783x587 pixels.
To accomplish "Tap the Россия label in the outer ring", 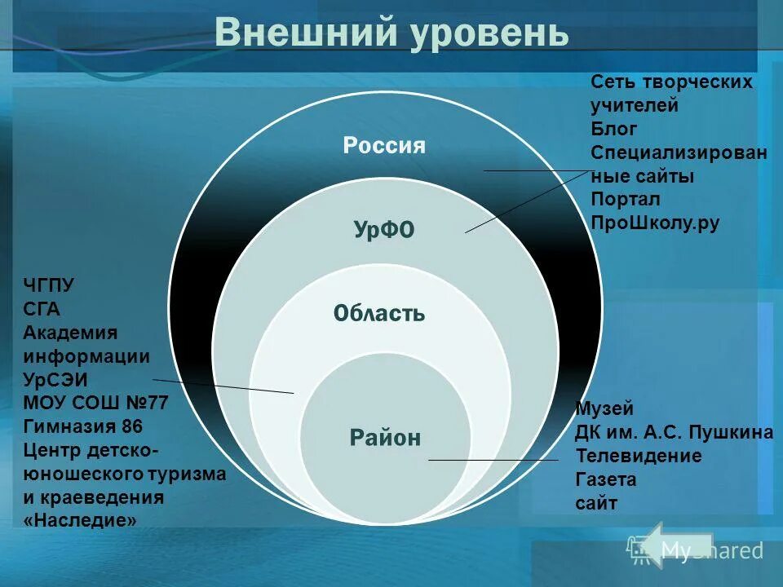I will coord(384,146).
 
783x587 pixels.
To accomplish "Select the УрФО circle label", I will coord(384,231).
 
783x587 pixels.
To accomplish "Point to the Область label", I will coord(379,313).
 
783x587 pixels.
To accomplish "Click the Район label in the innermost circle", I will coord(385,438).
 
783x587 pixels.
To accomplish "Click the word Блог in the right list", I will coord(614,129).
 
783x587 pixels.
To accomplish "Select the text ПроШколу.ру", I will coord(655,223).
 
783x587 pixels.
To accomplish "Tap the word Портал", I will coord(626,200).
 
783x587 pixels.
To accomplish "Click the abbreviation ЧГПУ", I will coord(48,285).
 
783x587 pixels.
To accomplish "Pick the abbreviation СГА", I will coord(42,309).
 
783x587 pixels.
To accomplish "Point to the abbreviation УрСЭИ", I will coord(55,380).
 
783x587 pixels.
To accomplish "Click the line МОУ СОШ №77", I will coord(96,403).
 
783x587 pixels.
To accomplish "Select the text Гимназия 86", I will coord(83,426).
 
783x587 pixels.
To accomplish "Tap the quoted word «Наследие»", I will coord(80,520).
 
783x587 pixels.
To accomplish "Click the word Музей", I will coord(604,409).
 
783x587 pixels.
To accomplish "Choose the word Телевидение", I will coord(638,456).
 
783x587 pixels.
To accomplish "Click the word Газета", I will coord(605,479).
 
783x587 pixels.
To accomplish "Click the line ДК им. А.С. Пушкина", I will coord(674,433).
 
